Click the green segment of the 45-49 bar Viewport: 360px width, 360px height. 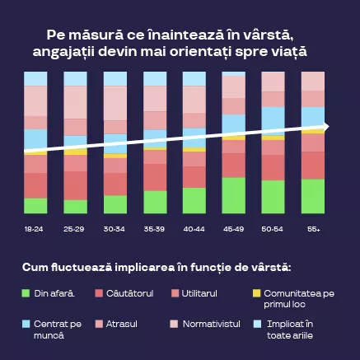pos(234,195)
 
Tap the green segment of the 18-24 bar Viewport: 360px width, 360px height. pos(35,205)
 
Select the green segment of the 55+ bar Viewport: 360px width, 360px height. pos(313,196)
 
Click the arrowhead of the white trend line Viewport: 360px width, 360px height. pos(325,127)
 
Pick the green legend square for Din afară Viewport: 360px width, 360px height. pos(26,293)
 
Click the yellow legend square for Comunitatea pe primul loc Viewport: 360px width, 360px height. pos(256,293)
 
